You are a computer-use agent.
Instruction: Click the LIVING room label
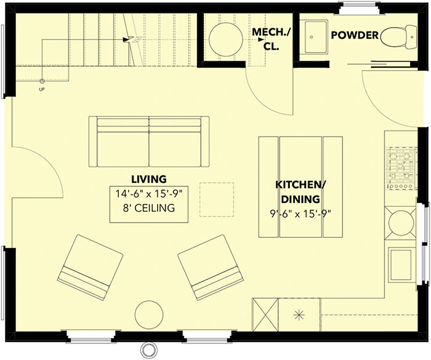(x=149, y=179)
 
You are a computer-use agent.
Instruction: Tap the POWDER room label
(x=355, y=35)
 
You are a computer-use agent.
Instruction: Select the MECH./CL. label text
(x=272, y=39)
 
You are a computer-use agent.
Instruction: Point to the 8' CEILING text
(x=149, y=208)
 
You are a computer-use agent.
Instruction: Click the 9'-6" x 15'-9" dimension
(x=300, y=214)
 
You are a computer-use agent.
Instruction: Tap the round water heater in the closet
(x=226, y=39)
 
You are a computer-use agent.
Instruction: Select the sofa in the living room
(x=149, y=142)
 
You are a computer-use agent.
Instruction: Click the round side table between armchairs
(x=150, y=314)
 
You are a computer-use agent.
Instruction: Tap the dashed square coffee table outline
(x=217, y=199)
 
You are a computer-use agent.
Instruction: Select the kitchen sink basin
(x=402, y=265)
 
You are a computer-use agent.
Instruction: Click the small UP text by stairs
(x=42, y=89)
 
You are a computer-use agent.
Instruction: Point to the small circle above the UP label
(x=42, y=81)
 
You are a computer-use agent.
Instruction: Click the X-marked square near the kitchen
(x=265, y=315)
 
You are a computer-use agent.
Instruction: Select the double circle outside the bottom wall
(x=148, y=350)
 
